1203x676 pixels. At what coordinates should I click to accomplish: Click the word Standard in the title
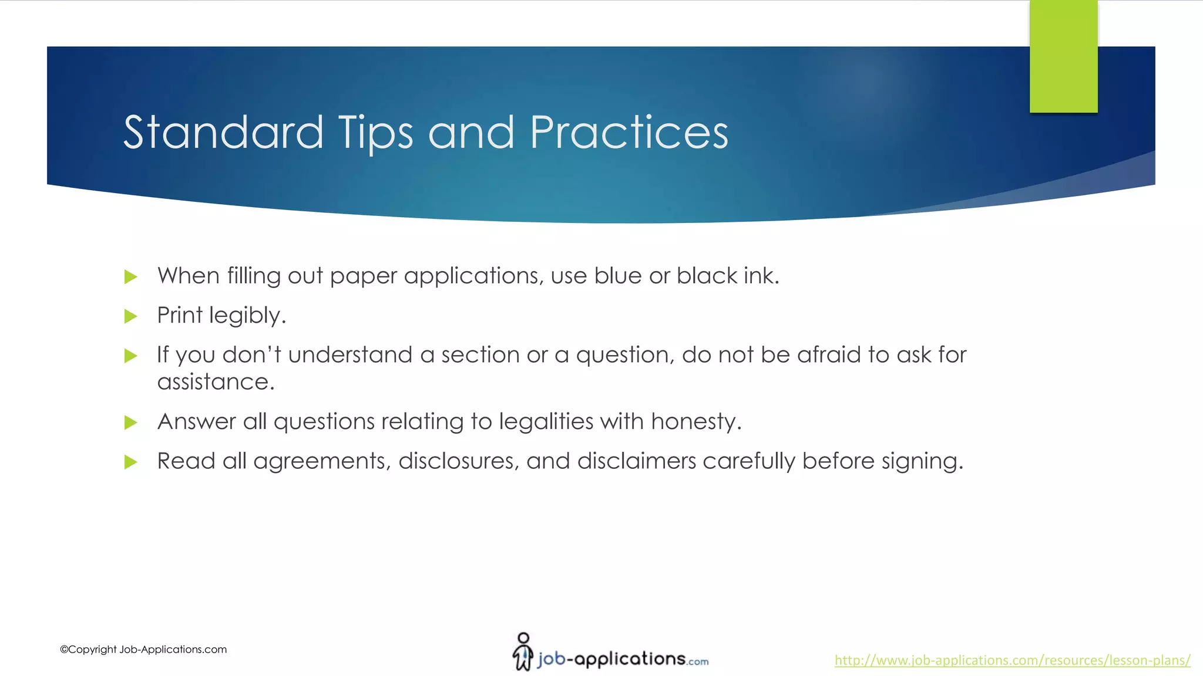pyautogui.click(x=223, y=133)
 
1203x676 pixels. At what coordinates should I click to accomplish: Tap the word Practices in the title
pyautogui.click(x=629, y=133)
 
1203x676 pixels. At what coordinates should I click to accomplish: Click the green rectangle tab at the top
pyautogui.click(x=1063, y=56)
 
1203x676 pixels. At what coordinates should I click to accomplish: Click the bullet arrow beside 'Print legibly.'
pyautogui.click(x=130, y=317)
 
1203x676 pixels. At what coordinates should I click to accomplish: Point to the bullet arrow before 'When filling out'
pyautogui.click(x=130, y=277)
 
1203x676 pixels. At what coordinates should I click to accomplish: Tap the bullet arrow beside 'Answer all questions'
pyautogui.click(x=130, y=422)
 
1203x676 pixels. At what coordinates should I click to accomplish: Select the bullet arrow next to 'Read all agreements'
pyautogui.click(x=130, y=462)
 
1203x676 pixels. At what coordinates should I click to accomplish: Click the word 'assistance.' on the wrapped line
pyautogui.click(x=216, y=383)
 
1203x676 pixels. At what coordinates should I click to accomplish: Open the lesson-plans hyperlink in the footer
pyautogui.click(x=1012, y=660)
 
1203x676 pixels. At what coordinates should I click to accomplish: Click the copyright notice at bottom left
pyautogui.click(x=143, y=650)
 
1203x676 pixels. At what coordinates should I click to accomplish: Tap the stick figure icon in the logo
pyautogui.click(x=522, y=651)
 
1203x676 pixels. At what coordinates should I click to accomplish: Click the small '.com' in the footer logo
pyautogui.click(x=698, y=662)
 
